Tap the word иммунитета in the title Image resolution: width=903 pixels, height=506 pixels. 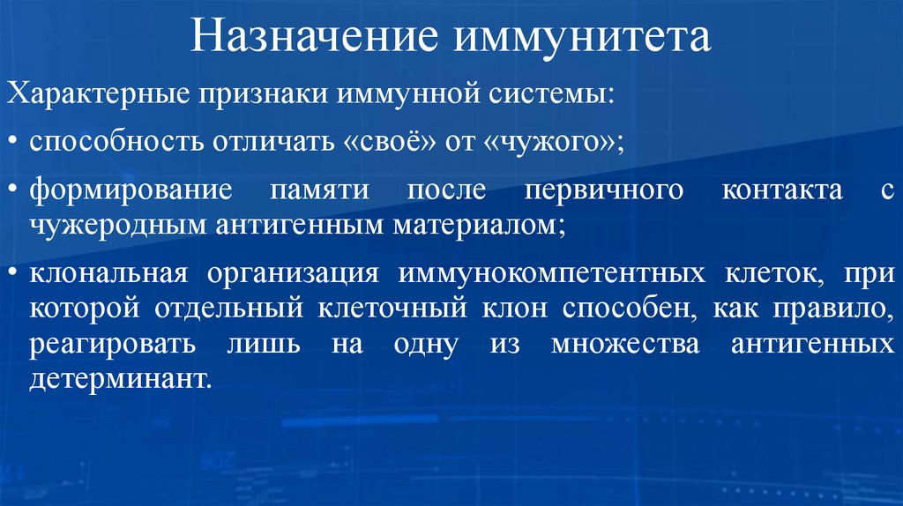[582, 39]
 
